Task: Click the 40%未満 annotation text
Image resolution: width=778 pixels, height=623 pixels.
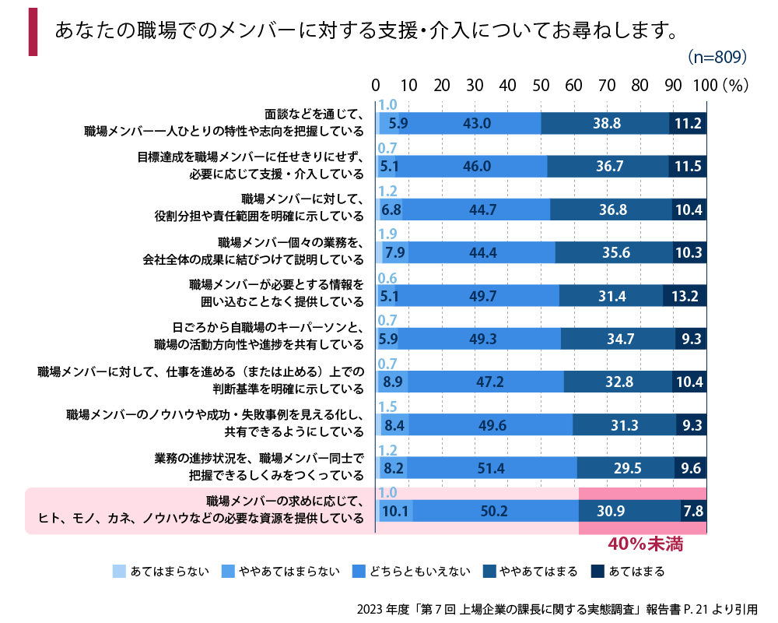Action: tap(645, 544)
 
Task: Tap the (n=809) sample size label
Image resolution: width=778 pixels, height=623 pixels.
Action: tap(717, 58)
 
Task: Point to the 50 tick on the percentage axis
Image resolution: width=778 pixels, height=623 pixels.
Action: tap(541, 85)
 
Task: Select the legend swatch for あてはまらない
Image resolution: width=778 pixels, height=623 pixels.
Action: tap(119, 572)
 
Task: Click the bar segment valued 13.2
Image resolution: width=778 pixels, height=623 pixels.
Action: tap(685, 296)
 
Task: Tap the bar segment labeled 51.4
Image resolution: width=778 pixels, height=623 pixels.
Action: tap(492, 468)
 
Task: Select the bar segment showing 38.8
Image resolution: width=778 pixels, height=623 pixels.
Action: tap(605, 123)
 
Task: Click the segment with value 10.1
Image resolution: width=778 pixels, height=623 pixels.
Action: tap(397, 511)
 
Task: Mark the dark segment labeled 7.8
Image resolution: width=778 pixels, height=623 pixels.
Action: tap(693, 511)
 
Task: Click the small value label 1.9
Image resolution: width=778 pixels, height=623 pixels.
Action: tap(387, 234)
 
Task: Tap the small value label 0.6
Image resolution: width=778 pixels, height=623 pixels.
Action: tap(387, 277)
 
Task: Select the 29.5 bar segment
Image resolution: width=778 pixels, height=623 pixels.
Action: tap(626, 468)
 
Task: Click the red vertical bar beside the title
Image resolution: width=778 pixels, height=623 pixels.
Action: tap(33, 32)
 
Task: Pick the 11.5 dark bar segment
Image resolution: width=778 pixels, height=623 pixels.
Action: tap(688, 166)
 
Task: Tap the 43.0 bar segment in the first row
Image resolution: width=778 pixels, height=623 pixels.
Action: tap(476, 123)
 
